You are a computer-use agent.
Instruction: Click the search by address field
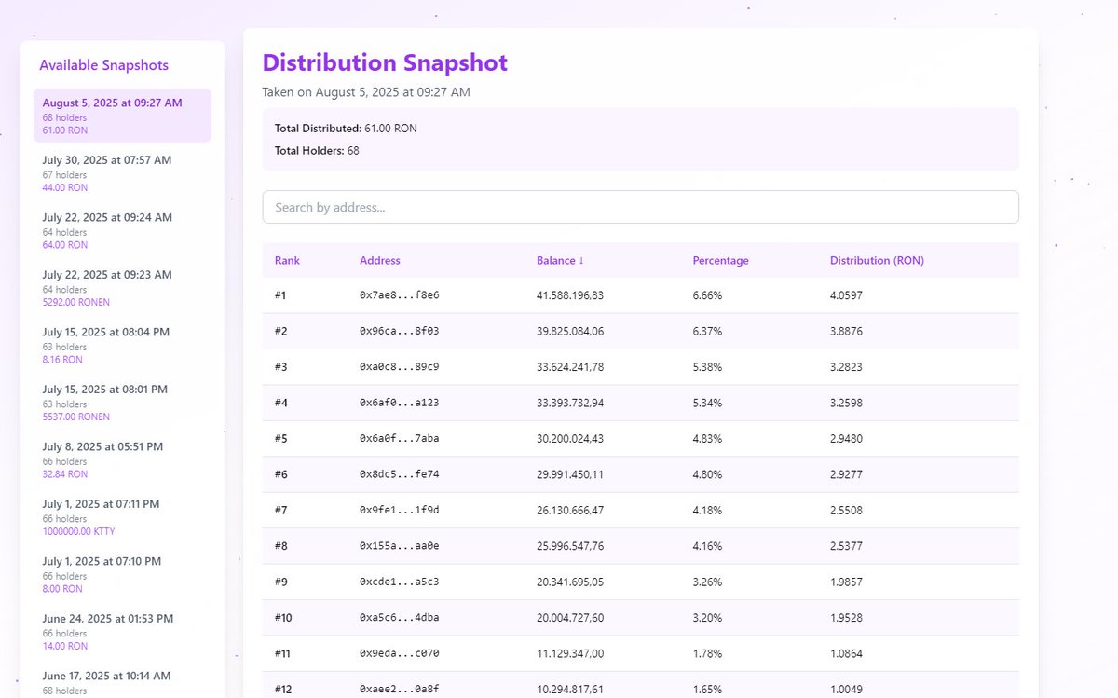[640, 207]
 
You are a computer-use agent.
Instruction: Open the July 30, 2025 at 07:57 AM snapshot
[107, 160]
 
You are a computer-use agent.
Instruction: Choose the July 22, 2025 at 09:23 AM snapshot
[107, 275]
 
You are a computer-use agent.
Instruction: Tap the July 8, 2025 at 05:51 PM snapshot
[102, 446]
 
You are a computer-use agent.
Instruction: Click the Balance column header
[560, 261]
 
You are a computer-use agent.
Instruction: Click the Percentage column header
[720, 261]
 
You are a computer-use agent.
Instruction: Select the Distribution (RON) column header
[877, 261]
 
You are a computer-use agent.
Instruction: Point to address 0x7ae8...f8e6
[399, 295]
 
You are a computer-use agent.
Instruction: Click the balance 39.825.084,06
[570, 331]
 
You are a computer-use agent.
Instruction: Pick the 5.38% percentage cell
[707, 367]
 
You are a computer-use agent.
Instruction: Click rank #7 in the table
[281, 511]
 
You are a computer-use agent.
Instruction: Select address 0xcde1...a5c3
[399, 582]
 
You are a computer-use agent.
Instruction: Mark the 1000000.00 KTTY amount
[78, 531]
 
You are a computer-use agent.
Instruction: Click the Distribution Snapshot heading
[385, 63]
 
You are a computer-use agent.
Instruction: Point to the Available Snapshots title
[104, 65]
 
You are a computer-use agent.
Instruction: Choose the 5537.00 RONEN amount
[75, 417]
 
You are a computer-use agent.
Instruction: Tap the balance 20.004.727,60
[570, 618]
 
